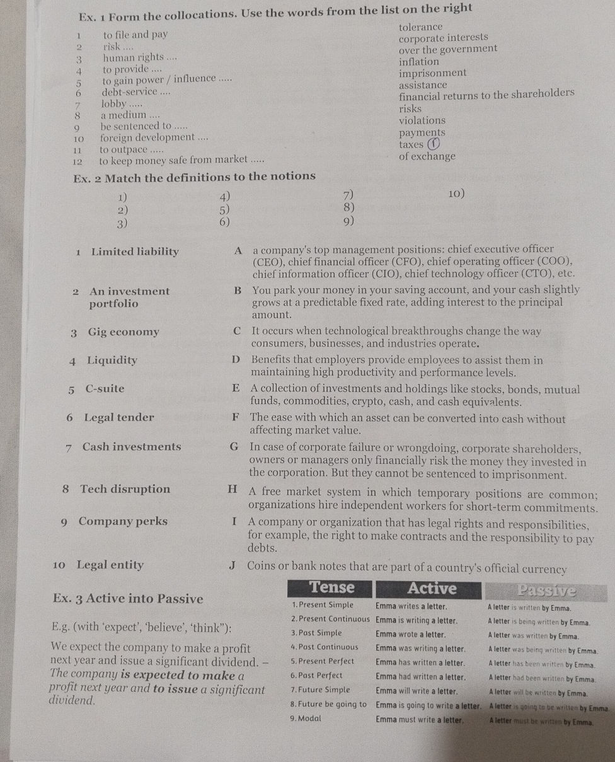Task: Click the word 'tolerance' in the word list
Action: pos(420,27)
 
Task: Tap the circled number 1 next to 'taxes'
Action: pos(432,144)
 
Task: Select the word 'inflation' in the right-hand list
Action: pos(419,62)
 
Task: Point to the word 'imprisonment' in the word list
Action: pos(432,73)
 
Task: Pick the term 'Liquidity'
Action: pos(112,361)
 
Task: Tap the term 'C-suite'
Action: pos(105,389)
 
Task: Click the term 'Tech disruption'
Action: pos(125,489)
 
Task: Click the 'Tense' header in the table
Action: pos(331,587)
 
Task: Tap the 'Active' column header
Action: pos(432,589)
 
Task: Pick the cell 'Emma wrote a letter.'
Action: pos(411,633)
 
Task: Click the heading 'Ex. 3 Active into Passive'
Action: pos(128,598)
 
